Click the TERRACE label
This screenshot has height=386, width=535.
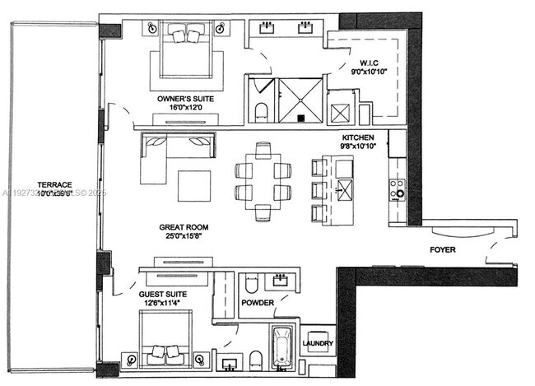coord(54,184)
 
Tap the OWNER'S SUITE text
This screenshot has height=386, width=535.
coord(185,99)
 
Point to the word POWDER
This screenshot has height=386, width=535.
coord(258,303)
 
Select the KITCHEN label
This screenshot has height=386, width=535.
coord(359,137)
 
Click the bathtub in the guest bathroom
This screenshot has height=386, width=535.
coord(281,349)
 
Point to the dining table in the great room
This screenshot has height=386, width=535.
coord(263,182)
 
